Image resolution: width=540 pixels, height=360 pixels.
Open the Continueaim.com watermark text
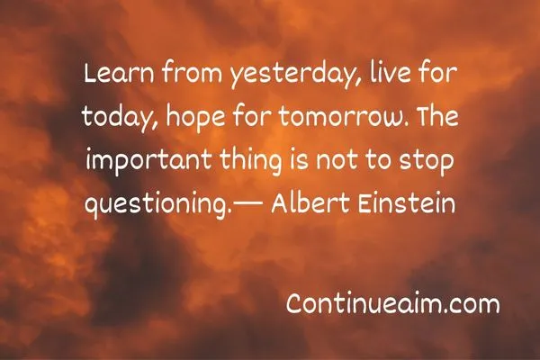coord(392,304)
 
